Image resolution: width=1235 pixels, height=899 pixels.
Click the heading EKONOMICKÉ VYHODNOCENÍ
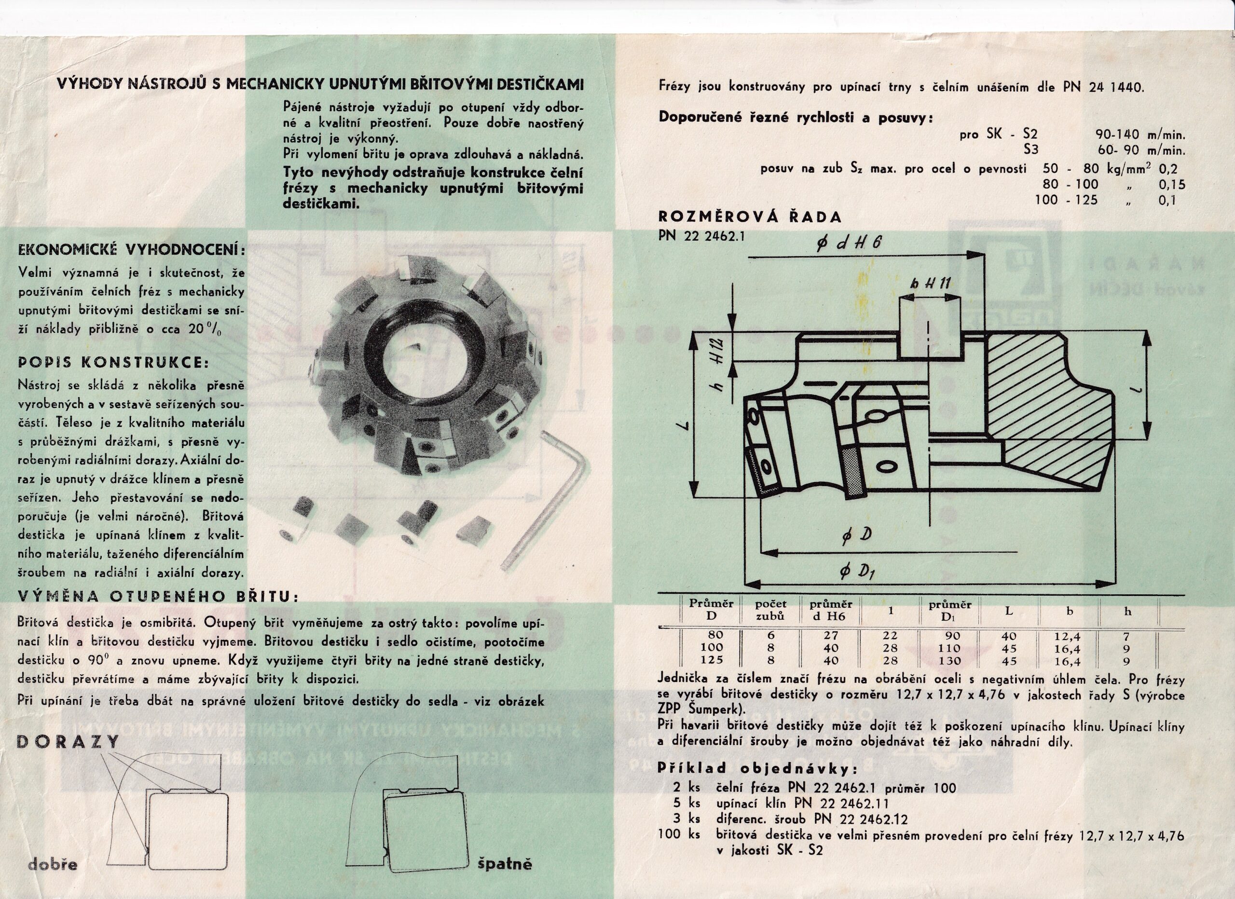(131, 250)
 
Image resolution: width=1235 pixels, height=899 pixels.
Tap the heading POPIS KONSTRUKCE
(113, 363)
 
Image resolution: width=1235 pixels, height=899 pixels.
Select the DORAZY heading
(69, 742)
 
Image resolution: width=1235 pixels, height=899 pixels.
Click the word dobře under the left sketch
(53, 864)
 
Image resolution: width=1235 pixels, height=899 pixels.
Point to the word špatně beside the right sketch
(505, 864)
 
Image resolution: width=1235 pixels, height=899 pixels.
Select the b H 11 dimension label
(930, 283)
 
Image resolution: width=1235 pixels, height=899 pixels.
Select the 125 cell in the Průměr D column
(712, 659)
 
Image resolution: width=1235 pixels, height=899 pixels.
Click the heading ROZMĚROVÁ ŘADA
(750, 217)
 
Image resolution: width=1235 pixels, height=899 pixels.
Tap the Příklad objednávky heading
(757, 769)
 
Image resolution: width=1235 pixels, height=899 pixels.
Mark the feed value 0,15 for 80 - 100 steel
(1172, 185)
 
